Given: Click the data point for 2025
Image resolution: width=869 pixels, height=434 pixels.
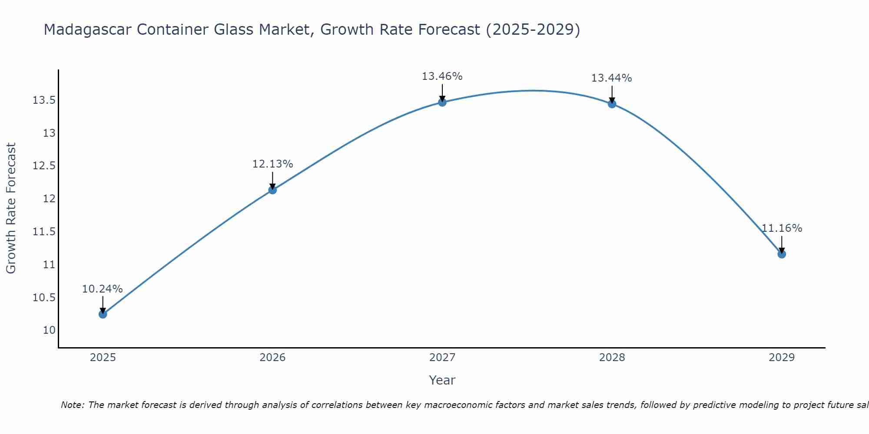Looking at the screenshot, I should pyautogui.click(x=103, y=314).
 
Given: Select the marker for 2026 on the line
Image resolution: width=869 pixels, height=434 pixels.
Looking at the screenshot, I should pyautogui.click(x=272, y=190).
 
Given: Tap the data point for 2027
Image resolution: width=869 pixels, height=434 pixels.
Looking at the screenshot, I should pyautogui.click(x=442, y=102).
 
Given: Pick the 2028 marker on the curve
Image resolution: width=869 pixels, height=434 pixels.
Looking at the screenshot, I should pyautogui.click(x=612, y=104).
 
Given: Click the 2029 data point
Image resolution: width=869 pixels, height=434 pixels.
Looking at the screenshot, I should pyautogui.click(x=782, y=254).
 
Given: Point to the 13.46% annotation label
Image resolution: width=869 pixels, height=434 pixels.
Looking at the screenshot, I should pyautogui.click(x=442, y=76).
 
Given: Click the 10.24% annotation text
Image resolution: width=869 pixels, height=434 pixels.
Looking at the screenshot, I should pyautogui.click(x=103, y=289).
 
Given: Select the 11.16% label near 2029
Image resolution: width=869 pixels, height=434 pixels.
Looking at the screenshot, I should pyautogui.click(x=782, y=228).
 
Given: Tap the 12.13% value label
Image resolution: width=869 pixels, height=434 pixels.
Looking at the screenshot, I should pyautogui.click(x=272, y=164).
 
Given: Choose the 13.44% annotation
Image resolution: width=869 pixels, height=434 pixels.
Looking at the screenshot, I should pyautogui.click(x=611, y=78).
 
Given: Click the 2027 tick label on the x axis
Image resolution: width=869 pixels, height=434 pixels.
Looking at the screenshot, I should pyautogui.click(x=442, y=358).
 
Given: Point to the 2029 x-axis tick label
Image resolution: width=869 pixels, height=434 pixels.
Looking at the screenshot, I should pyautogui.click(x=782, y=358).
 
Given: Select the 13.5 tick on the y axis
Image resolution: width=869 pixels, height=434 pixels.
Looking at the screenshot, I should pyautogui.click(x=44, y=100).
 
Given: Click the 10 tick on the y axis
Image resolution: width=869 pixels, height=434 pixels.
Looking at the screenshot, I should pyautogui.click(x=50, y=330).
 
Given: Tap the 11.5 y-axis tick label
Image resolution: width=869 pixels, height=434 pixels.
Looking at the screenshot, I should pyautogui.click(x=44, y=232).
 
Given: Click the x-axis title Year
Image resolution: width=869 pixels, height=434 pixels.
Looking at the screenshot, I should pyautogui.click(x=442, y=380).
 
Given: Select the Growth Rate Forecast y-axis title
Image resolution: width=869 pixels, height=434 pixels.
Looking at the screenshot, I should pyautogui.click(x=11, y=208).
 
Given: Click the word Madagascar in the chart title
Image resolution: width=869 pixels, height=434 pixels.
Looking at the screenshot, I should pyautogui.click(x=89, y=30).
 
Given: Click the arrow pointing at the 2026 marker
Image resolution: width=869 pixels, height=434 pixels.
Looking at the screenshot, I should pyautogui.click(x=272, y=180).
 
